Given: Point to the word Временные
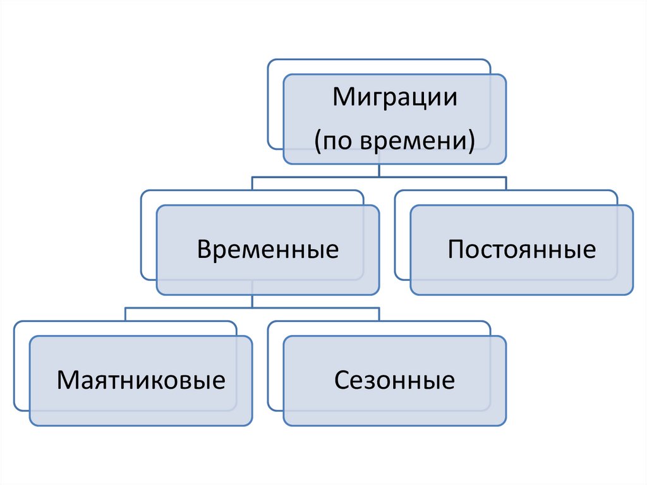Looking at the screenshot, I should pos(267,249).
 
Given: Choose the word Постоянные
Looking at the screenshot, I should pos(521,249).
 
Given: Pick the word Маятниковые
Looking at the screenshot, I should pos(141,381).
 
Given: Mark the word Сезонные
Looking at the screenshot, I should pos(394,381).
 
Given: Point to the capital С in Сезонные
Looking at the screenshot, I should pos(341,381).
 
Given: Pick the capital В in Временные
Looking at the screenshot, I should pos(203,249).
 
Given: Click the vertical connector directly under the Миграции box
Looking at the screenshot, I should pos(378,171).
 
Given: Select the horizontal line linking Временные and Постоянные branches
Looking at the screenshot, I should pos(379,177).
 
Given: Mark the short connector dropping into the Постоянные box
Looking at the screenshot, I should pos(506,184).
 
